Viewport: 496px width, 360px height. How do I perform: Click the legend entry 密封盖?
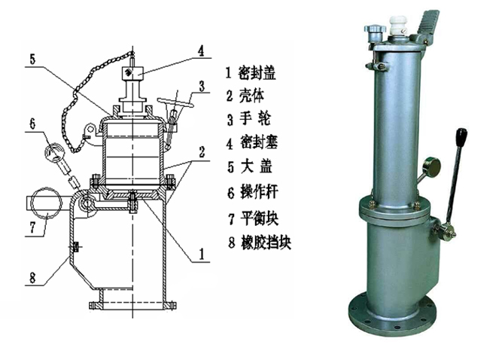(x=257, y=72)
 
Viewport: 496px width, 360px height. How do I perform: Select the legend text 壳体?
(x=251, y=96)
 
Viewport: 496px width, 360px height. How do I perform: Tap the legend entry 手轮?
(x=255, y=119)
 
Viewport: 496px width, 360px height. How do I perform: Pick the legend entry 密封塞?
(x=259, y=142)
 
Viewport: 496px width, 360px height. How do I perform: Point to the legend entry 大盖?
(x=256, y=166)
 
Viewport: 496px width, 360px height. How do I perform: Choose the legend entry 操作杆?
(x=259, y=192)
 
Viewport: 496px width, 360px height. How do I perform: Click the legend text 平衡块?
(x=259, y=218)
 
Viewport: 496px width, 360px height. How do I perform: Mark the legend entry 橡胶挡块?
(x=266, y=243)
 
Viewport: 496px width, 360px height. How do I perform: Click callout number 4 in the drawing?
(x=201, y=50)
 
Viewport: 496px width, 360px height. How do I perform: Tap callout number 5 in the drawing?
(x=32, y=59)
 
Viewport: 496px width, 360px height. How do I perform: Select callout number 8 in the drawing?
(x=32, y=278)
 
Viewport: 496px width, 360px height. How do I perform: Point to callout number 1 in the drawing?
(x=202, y=254)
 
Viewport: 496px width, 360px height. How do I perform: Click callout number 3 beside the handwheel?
(x=202, y=86)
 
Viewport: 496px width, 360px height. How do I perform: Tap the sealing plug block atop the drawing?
(x=132, y=73)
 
